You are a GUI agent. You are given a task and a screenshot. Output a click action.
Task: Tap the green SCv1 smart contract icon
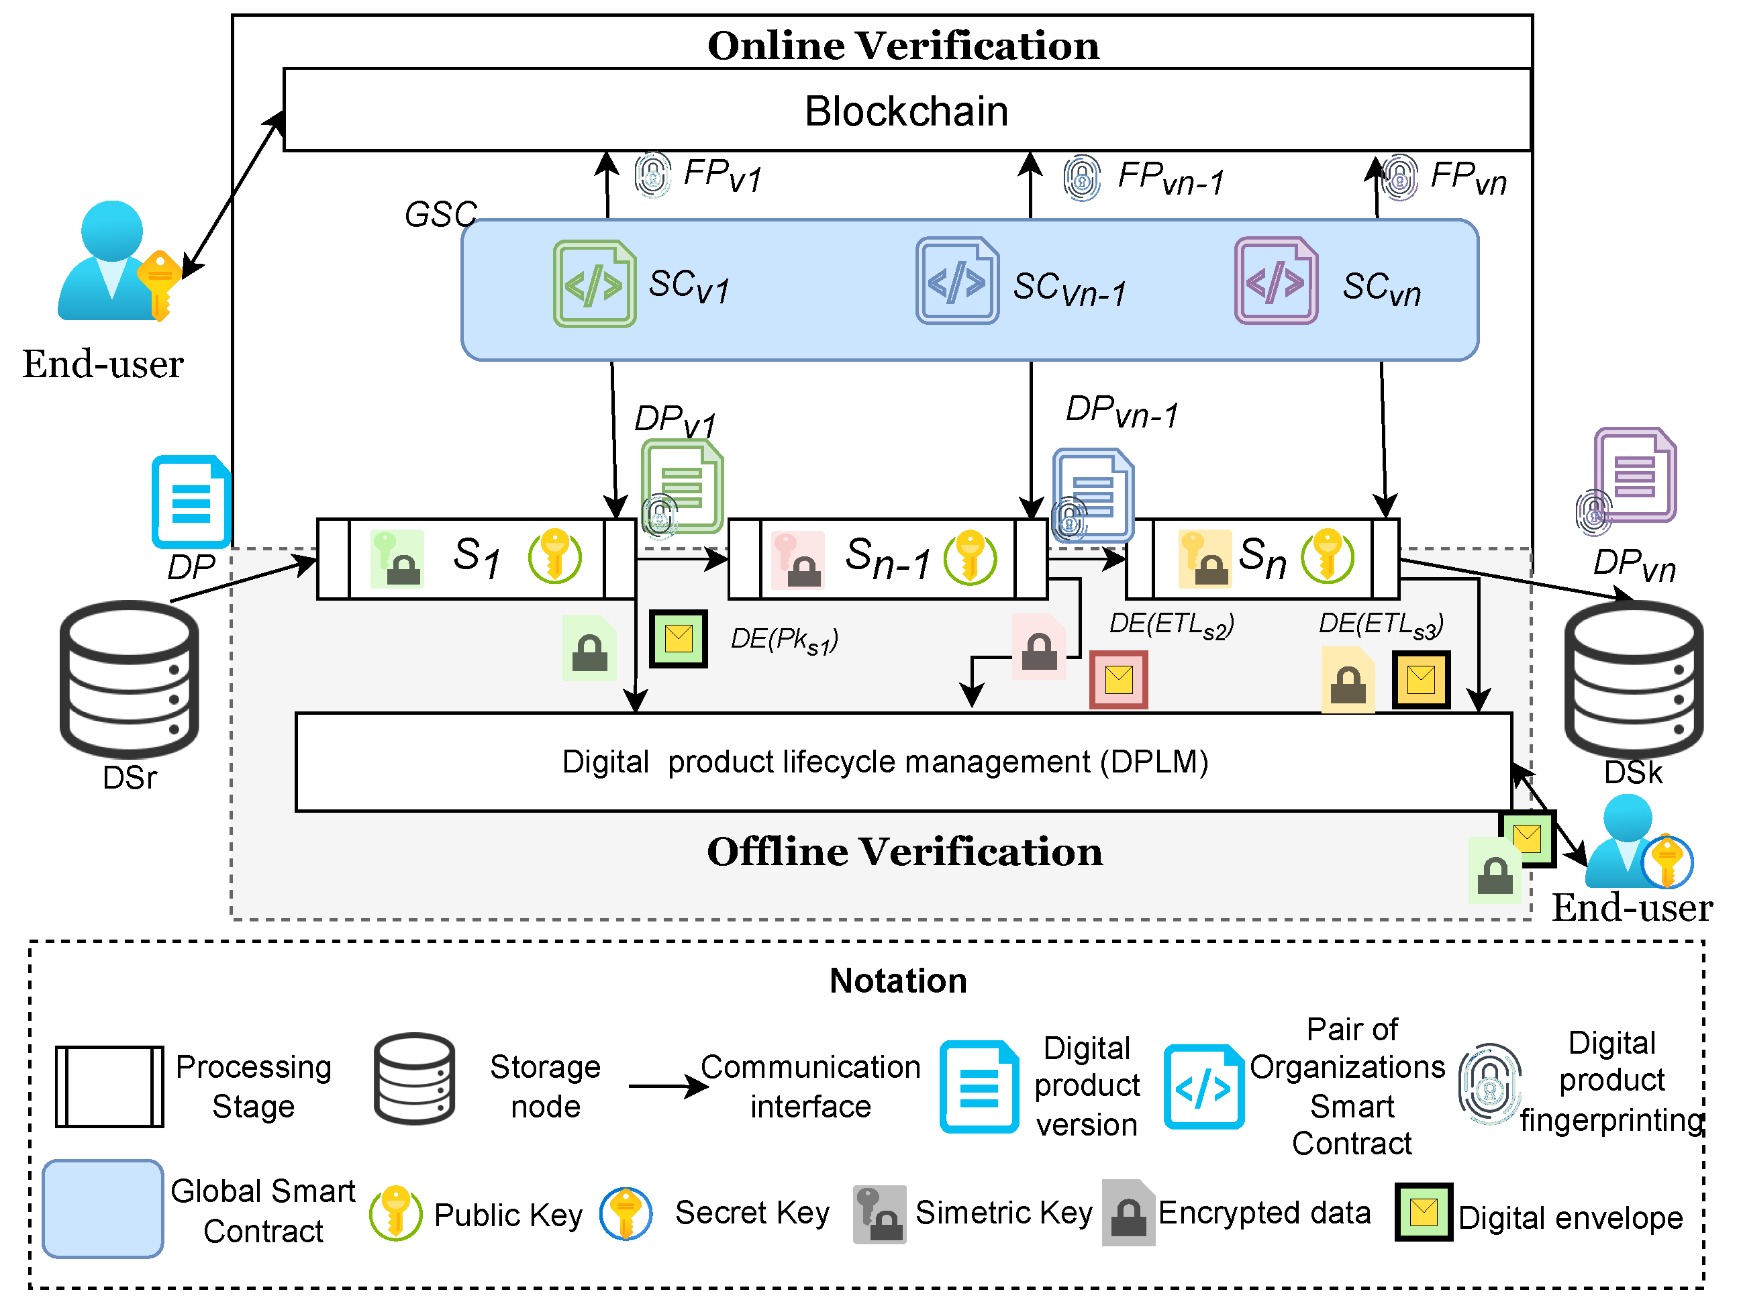tap(595, 284)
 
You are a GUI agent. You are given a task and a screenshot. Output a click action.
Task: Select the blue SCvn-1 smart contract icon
tap(957, 281)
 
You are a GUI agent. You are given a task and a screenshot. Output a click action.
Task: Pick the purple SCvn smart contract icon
tap(1276, 281)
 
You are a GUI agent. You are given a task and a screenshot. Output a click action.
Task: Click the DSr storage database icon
tap(130, 679)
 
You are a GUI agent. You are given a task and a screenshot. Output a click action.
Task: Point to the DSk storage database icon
tap(1634, 679)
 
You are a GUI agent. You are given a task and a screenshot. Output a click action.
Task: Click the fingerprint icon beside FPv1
tap(652, 174)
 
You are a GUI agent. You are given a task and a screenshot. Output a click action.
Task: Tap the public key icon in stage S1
tap(555, 556)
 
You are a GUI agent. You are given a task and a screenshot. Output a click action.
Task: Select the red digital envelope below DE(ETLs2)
tap(1118, 679)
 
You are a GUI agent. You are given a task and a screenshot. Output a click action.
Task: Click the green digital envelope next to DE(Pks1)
tap(679, 638)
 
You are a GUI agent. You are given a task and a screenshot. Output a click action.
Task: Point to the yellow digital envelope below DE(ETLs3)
tap(1422, 679)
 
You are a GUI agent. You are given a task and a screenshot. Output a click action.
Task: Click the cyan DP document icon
tap(191, 501)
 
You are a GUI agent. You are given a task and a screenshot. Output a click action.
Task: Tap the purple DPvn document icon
tap(1635, 475)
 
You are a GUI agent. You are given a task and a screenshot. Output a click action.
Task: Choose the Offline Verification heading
tap(905, 852)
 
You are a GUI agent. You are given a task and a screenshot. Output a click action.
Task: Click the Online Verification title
tap(903, 46)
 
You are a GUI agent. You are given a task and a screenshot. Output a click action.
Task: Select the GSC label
tap(440, 214)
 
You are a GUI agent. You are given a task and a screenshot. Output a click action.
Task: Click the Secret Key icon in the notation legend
tap(626, 1213)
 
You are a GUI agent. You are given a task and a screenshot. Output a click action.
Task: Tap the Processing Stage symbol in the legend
tap(109, 1087)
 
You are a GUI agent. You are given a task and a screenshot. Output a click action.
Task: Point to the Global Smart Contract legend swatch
tap(103, 1209)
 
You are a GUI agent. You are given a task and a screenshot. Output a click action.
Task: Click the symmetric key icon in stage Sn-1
tap(798, 560)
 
